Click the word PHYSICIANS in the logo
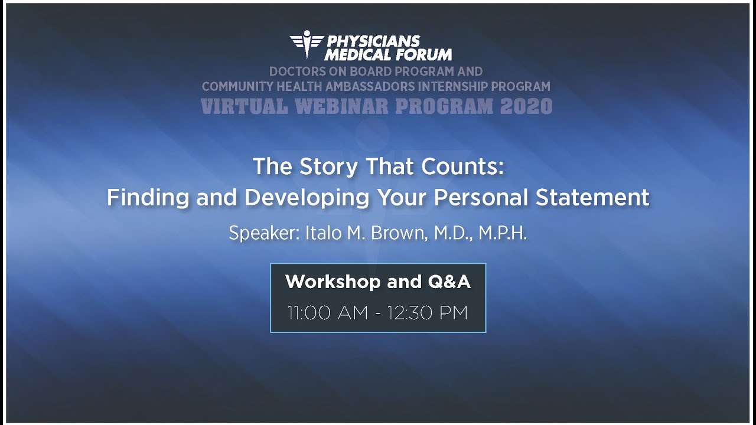coord(373,41)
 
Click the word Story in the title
coord(329,167)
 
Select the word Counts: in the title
coord(462,167)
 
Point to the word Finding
coord(149,197)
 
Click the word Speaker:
coord(264,233)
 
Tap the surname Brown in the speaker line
coord(397,233)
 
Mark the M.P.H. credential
coord(503,233)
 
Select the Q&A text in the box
coord(449,282)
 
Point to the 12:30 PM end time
coord(428,313)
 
